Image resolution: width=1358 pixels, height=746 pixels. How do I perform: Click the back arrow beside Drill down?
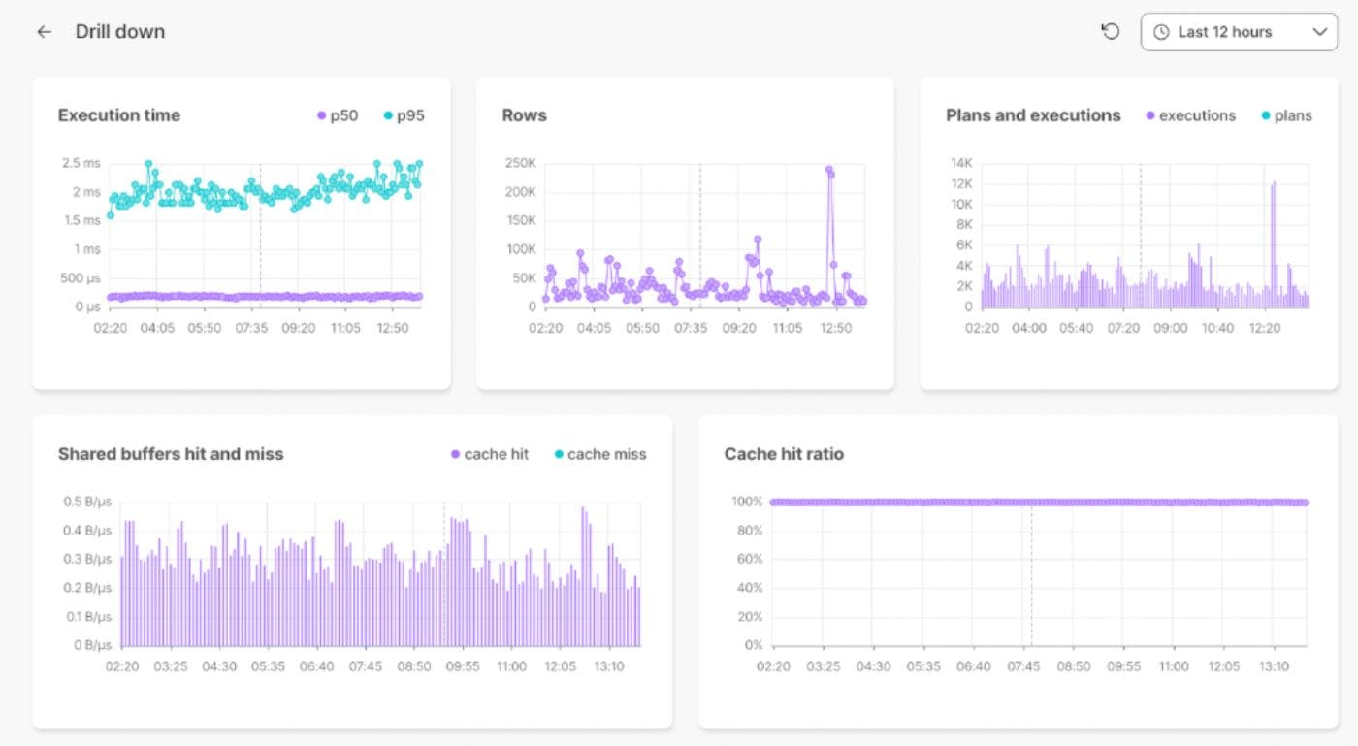click(44, 32)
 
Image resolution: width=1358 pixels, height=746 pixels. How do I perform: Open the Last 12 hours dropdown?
click(1239, 32)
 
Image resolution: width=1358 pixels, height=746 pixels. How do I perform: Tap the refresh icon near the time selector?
click(1111, 32)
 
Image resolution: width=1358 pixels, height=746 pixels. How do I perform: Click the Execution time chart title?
click(118, 115)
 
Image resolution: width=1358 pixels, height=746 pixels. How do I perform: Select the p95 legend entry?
click(404, 115)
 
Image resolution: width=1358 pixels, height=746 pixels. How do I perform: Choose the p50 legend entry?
click(337, 115)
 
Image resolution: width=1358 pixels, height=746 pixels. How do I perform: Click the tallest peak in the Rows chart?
click(829, 169)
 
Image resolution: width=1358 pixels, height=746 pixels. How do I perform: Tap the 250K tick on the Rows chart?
click(520, 163)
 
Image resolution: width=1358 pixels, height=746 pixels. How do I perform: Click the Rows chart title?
click(524, 115)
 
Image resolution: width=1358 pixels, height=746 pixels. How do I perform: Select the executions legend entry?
click(1190, 115)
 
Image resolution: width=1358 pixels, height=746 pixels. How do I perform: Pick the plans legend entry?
click(1286, 115)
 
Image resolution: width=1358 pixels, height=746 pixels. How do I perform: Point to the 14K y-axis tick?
click(961, 163)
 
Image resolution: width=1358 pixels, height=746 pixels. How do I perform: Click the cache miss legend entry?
click(599, 454)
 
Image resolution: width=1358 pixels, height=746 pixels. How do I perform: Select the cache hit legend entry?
click(489, 454)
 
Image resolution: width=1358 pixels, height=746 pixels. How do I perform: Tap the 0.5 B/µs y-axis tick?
click(86, 502)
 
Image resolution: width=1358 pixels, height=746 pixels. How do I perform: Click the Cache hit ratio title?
click(784, 454)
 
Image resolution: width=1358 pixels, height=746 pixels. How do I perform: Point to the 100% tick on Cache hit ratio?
click(747, 502)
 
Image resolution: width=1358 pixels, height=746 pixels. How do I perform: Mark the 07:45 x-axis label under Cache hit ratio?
click(1023, 666)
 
